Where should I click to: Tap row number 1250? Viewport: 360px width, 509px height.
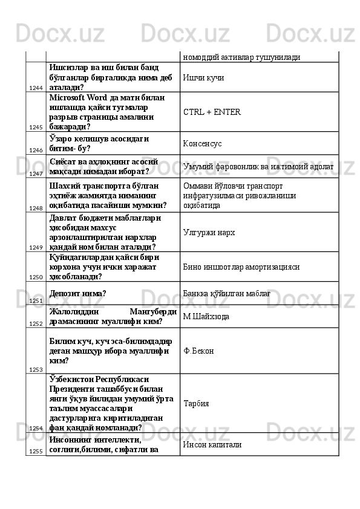[x=35, y=260]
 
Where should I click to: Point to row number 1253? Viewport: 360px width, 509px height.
[x=35, y=369]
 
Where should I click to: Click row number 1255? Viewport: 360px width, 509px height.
[x=35, y=451]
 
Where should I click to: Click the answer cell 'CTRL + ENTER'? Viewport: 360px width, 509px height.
[x=212, y=112]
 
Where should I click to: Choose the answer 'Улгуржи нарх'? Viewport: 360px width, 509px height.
[x=209, y=232]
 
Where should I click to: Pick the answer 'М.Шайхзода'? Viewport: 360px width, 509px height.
[x=206, y=316]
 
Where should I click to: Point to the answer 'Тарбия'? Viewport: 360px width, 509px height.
[x=195, y=403]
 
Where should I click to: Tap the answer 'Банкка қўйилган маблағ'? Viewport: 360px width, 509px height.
[x=226, y=294]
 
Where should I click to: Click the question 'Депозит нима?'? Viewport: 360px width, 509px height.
[x=79, y=294]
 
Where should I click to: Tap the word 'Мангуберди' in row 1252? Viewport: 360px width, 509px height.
[x=157, y=311]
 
